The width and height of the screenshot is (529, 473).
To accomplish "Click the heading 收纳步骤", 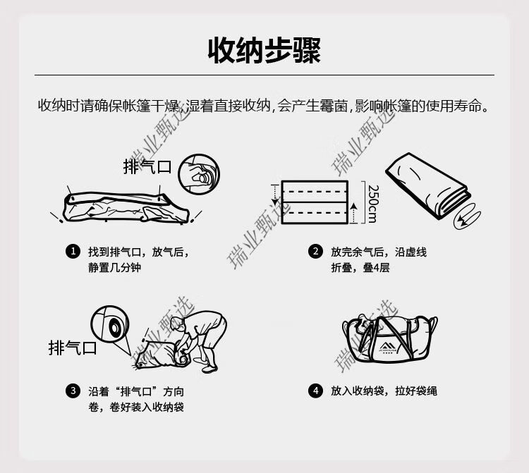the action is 264,51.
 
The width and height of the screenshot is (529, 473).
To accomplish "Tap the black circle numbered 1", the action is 73,252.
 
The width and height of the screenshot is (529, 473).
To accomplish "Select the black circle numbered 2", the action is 315,252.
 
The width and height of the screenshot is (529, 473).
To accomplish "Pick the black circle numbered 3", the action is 73,391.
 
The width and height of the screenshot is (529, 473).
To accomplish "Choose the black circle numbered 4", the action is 315,391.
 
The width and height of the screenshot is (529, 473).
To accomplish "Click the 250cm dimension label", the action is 373,204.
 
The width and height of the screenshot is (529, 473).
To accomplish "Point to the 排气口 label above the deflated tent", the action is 147,166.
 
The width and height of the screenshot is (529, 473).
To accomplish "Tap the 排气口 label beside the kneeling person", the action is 73,348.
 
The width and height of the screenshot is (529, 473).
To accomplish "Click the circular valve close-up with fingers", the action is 199,174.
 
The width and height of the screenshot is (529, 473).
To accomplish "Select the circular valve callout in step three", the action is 110,325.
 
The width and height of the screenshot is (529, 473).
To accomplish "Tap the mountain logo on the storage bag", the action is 388,348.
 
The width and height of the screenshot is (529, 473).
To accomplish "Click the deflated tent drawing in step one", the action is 126,207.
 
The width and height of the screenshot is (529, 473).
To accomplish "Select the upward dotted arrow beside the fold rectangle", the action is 353,213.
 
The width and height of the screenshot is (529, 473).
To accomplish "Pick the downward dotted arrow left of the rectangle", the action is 275,195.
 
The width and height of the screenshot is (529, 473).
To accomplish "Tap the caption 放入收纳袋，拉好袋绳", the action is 384,391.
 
